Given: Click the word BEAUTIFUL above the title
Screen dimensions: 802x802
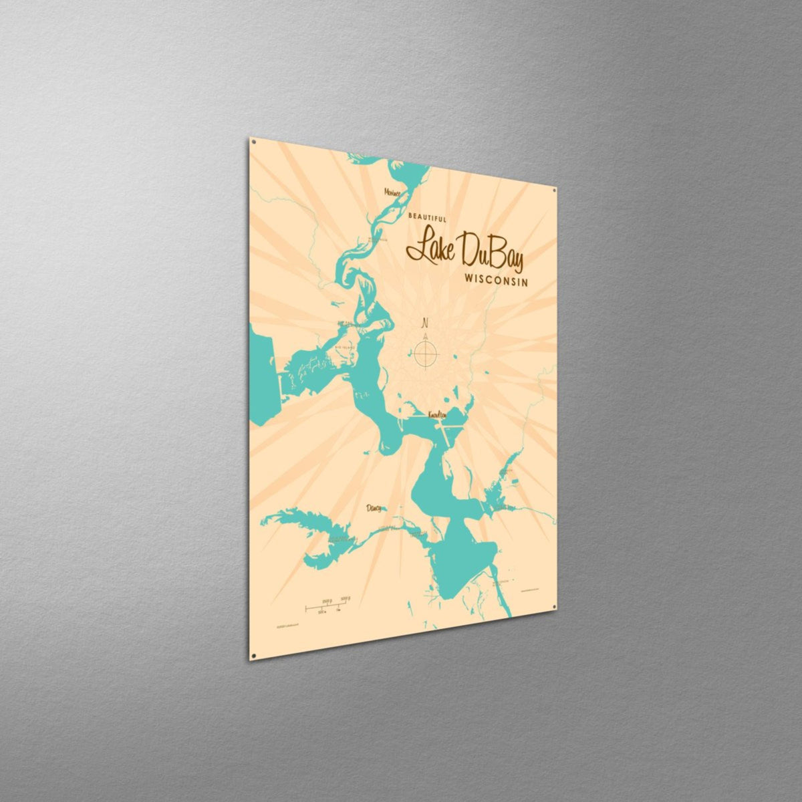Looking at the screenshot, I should click(428, 218).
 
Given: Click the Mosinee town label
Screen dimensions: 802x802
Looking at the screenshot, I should click(392, 192).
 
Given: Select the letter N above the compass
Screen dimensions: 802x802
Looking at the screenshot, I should click(424, 324).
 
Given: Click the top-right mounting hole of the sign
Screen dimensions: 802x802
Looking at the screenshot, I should click(553, 190).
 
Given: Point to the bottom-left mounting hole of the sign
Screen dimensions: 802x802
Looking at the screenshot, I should click(253, 656).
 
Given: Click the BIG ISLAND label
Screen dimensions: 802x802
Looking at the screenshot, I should click(346, 348).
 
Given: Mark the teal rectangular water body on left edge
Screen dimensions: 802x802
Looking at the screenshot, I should click(263, 374).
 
